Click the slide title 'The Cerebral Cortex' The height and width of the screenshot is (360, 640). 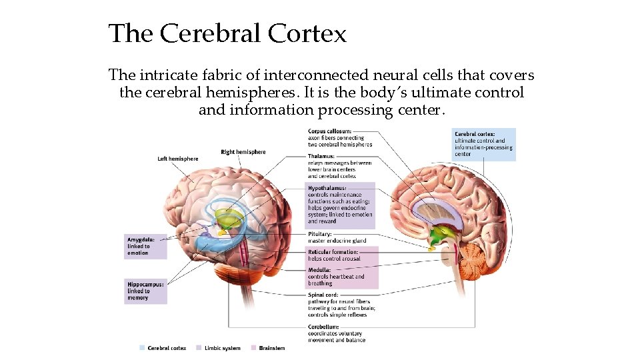point(227,33)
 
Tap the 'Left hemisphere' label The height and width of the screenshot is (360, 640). point(177,159)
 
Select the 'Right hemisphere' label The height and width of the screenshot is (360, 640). point(243,152)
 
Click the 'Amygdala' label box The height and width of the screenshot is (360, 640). point(145,246)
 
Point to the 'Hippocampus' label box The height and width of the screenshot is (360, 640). point(145,291)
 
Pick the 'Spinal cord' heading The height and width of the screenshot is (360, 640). point(323,295)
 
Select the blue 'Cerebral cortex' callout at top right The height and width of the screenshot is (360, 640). point(483,143)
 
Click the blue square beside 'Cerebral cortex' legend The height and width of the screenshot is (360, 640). point(142,348)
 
